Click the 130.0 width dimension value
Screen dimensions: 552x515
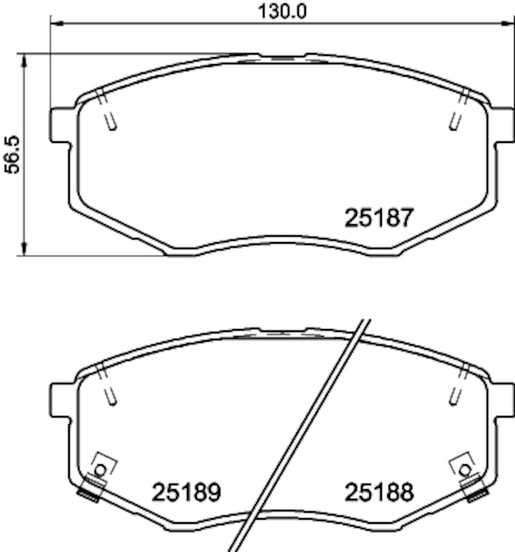[281, 11]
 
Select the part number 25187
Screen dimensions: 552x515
[378, 218]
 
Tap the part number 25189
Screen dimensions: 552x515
[186, 492]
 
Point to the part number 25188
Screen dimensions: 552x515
[378, 492]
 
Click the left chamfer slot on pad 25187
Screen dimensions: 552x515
[108, 113]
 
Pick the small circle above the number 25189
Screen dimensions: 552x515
[100, 469]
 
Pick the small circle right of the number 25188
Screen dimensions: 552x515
[465, 469]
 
